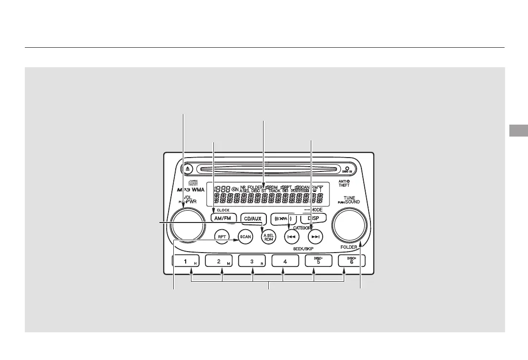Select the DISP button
coord(313,218)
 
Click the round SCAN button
coord(245,236)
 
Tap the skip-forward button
coord(315,236)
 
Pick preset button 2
coord(220,261)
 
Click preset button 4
coord(285,261)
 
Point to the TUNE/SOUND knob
coord(350,224)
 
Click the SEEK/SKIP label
coord(303,249)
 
